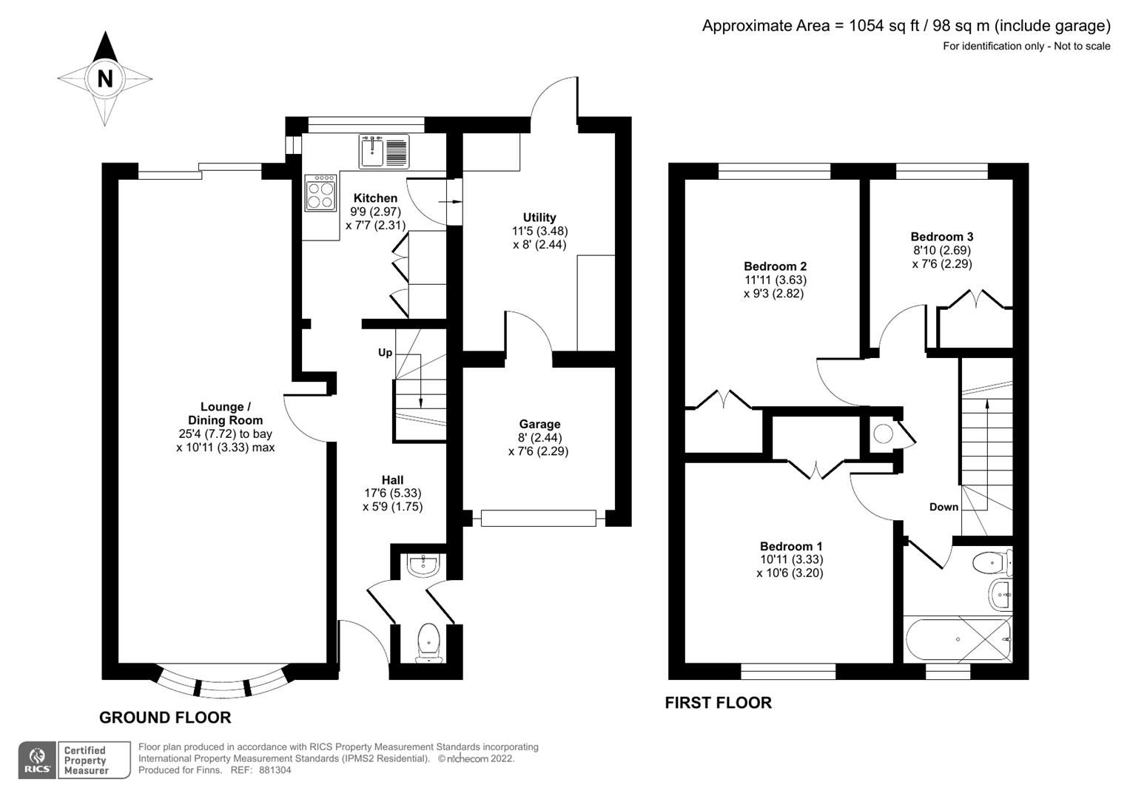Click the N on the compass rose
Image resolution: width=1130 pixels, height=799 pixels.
point(105,78)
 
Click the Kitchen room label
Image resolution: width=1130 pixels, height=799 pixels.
point(375,198)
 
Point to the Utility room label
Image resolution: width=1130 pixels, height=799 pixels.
point(539,218)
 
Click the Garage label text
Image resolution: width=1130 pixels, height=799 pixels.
point(539,424)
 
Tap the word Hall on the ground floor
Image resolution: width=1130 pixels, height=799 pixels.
point(392,480)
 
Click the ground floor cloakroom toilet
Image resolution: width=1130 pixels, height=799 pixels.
point(428,641)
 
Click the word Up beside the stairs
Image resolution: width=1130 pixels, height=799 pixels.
point(385,353)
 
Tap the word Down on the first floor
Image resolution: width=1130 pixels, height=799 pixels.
point(944,507)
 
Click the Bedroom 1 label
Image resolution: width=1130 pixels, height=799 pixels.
point(790,546)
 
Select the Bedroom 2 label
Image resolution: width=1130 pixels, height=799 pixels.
point(775,266)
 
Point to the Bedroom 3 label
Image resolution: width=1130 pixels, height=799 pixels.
point(941,237)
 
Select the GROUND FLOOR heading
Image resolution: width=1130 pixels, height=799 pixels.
point(165,717)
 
